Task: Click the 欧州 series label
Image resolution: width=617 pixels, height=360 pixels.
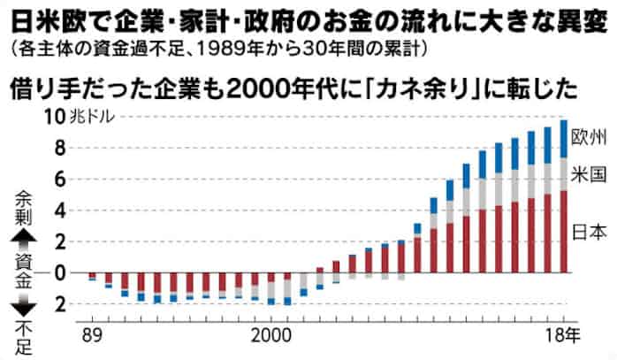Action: click(x=589, y=137)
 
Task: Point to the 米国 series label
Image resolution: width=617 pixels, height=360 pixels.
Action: click(x=589, y=172)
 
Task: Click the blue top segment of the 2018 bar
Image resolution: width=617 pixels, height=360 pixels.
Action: click(x=563, y=138)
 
